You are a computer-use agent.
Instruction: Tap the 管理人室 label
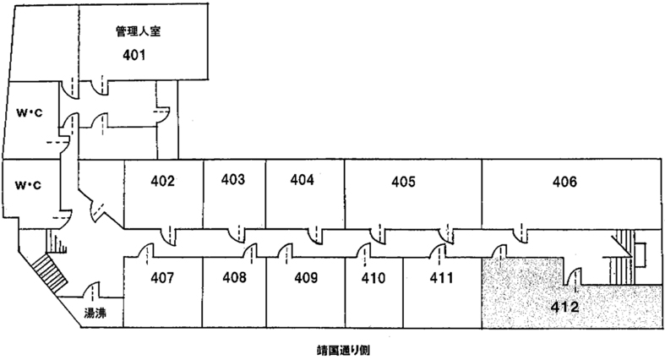pos(138,34)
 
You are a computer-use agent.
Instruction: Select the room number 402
pos(162,180)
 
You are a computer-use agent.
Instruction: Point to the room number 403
pos(233,179)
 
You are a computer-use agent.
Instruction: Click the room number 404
pos(302,179)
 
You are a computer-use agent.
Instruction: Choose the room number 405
pos(404,181)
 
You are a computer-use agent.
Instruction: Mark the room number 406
pos(564,181)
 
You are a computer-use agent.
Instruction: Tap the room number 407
pos(162,276)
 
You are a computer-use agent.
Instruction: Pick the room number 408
pos(236,276)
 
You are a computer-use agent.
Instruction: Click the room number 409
pos(306,276)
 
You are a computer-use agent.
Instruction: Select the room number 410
pos(373,276)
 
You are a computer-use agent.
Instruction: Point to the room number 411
pos(441,276)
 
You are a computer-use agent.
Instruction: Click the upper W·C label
pos(30,112)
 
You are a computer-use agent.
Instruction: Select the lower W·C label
pos(30,184)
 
